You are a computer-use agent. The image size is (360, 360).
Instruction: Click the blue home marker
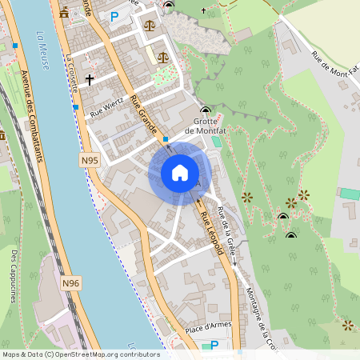pyautogui.click(x=180, y=172)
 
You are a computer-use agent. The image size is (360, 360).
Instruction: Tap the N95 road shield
pyautogui.click(x=90, y=161)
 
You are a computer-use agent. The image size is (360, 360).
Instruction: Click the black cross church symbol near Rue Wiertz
pyautogui.click(x=90, y=80)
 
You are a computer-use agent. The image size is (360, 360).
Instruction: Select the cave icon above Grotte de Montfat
pyautogui.click(x=206, y=110)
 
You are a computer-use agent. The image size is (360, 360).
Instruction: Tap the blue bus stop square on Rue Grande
pyautogui.click(x=166, y=139)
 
